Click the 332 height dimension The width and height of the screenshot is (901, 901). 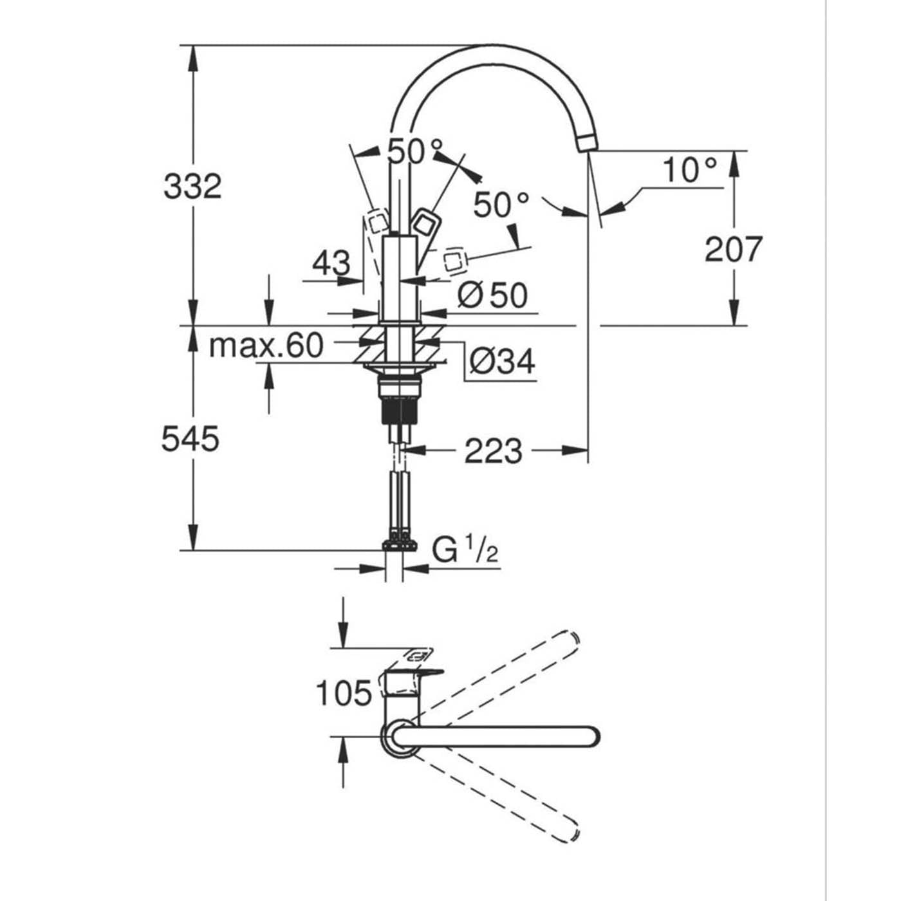pyautogui.click(x=192, y=186)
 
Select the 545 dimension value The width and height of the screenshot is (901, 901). pyautogui.click(x=190, y=439)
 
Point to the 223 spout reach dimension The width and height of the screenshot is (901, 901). pyautogui.click(x=493, y=451)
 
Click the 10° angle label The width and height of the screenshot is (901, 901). pyautogui.click(x=690, y=170)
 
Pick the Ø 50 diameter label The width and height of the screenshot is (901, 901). pyautogui.click(x=492, y=295)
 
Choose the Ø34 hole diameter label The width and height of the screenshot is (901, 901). pyautogui.click(x=502, y=362)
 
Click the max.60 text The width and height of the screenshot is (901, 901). pyautogui.click(x=266, y=346)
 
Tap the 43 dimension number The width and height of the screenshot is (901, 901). pyautogui.click(x=331, y=263)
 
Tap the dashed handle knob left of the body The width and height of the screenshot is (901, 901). pyautogui.click(x=376, y=223)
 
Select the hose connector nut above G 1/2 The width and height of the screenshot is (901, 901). pyautogui.click(x=399, y=545)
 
